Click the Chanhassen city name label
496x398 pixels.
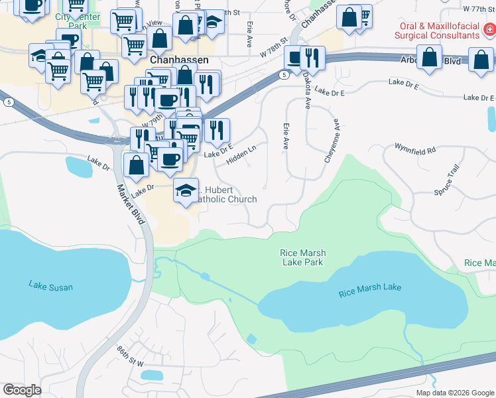pyautogui.click(x=180, y=60)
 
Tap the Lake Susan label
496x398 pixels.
pyautogui.click(x=50, y=287)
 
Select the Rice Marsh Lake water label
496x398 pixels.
pyautogui.click(x=369, y=288)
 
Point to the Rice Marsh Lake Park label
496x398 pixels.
pyautogui.click(x=302, y=257)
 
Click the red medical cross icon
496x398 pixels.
pyautogui.click(x=488, y=29)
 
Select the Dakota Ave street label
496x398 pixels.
pyautogui.click(x=307, y=92)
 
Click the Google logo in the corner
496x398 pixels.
pyautogui.click(x=22, y=390)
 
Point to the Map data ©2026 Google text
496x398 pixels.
pyautogui.click(x=455, y=393)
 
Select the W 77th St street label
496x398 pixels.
pyautogui.click(x=479, y=9)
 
